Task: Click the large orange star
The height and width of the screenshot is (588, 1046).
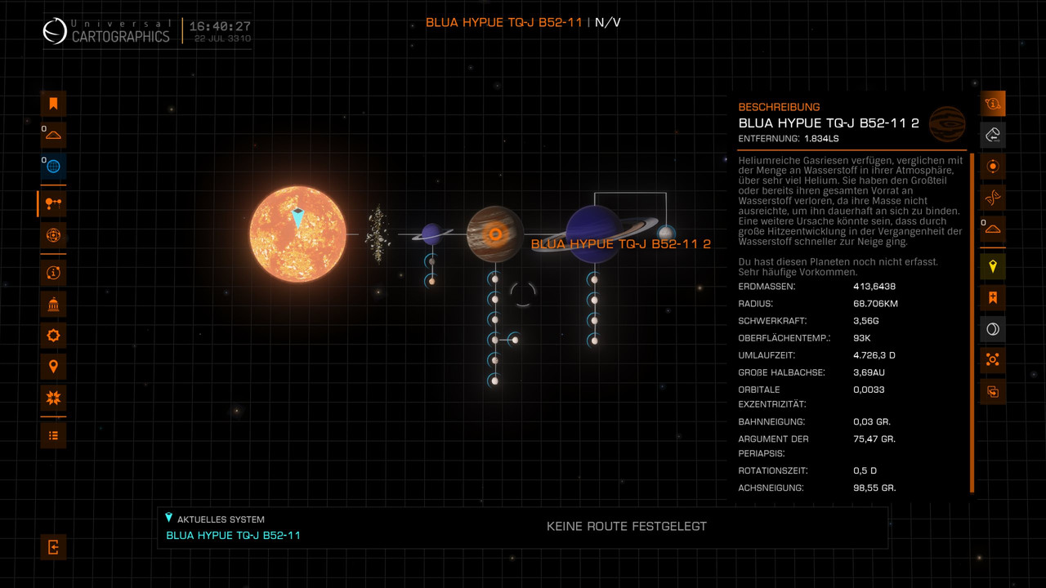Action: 297,234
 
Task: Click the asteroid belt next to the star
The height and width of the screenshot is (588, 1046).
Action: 378,234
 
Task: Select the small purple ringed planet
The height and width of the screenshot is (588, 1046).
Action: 431,234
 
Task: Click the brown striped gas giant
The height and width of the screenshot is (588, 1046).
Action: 494,234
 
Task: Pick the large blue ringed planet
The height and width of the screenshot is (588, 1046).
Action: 595,234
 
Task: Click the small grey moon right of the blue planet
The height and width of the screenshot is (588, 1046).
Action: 666,234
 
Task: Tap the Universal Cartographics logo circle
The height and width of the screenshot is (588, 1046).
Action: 55,32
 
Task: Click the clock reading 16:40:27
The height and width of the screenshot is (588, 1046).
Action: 220,26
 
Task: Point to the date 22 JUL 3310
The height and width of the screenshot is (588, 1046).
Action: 222,39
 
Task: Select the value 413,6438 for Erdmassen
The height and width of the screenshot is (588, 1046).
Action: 874,287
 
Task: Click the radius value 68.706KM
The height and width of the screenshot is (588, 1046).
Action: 875,304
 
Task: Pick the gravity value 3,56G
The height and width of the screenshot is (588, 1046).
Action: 866,321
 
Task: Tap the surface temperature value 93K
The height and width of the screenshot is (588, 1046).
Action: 861,338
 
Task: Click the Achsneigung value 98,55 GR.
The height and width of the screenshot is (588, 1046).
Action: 874,488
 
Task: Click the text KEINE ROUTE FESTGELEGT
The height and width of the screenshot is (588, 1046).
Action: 627,526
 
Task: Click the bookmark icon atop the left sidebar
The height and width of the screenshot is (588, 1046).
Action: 53,103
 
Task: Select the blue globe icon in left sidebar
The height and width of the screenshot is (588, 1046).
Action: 53,166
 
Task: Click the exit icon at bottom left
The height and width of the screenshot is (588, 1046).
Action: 53,547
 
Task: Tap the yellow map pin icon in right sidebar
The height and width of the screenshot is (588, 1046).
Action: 993,266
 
